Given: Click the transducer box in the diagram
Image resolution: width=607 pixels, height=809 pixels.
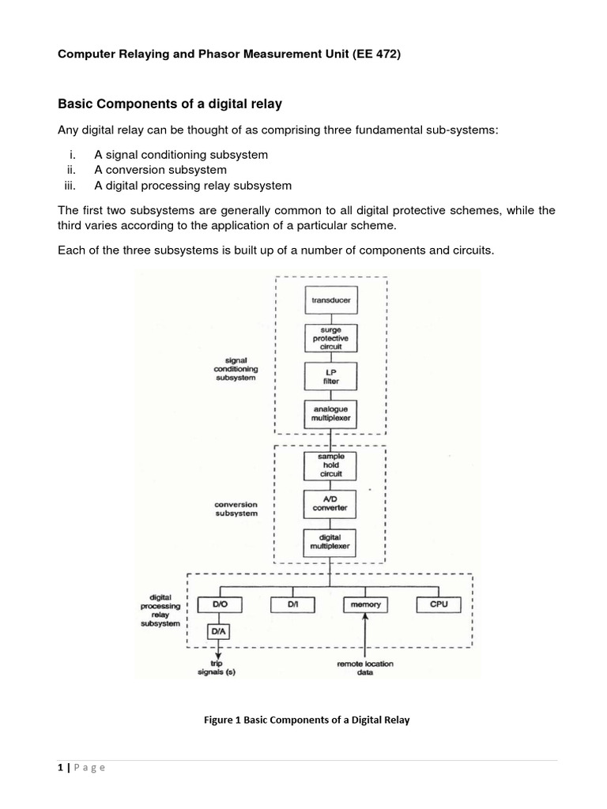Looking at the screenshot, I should pyautogui.click(x=331, y=300).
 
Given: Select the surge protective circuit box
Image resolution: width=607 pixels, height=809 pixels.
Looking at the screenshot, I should pyautogui.click(x=331, y=337).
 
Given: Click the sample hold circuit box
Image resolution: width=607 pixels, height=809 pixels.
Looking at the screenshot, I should pyautogui.click(x=331, y=465).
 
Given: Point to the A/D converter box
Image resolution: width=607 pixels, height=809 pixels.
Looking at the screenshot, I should pyautogui.click(x=331, y=503).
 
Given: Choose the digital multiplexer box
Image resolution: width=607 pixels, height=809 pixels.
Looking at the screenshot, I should pyautogui.click(x=331, y=541).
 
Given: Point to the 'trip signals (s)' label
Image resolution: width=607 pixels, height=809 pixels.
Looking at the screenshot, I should pyautogui.click(x=217, y=668).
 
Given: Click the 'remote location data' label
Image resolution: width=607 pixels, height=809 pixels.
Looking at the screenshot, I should pyautogui.click(x=365, y=668).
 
